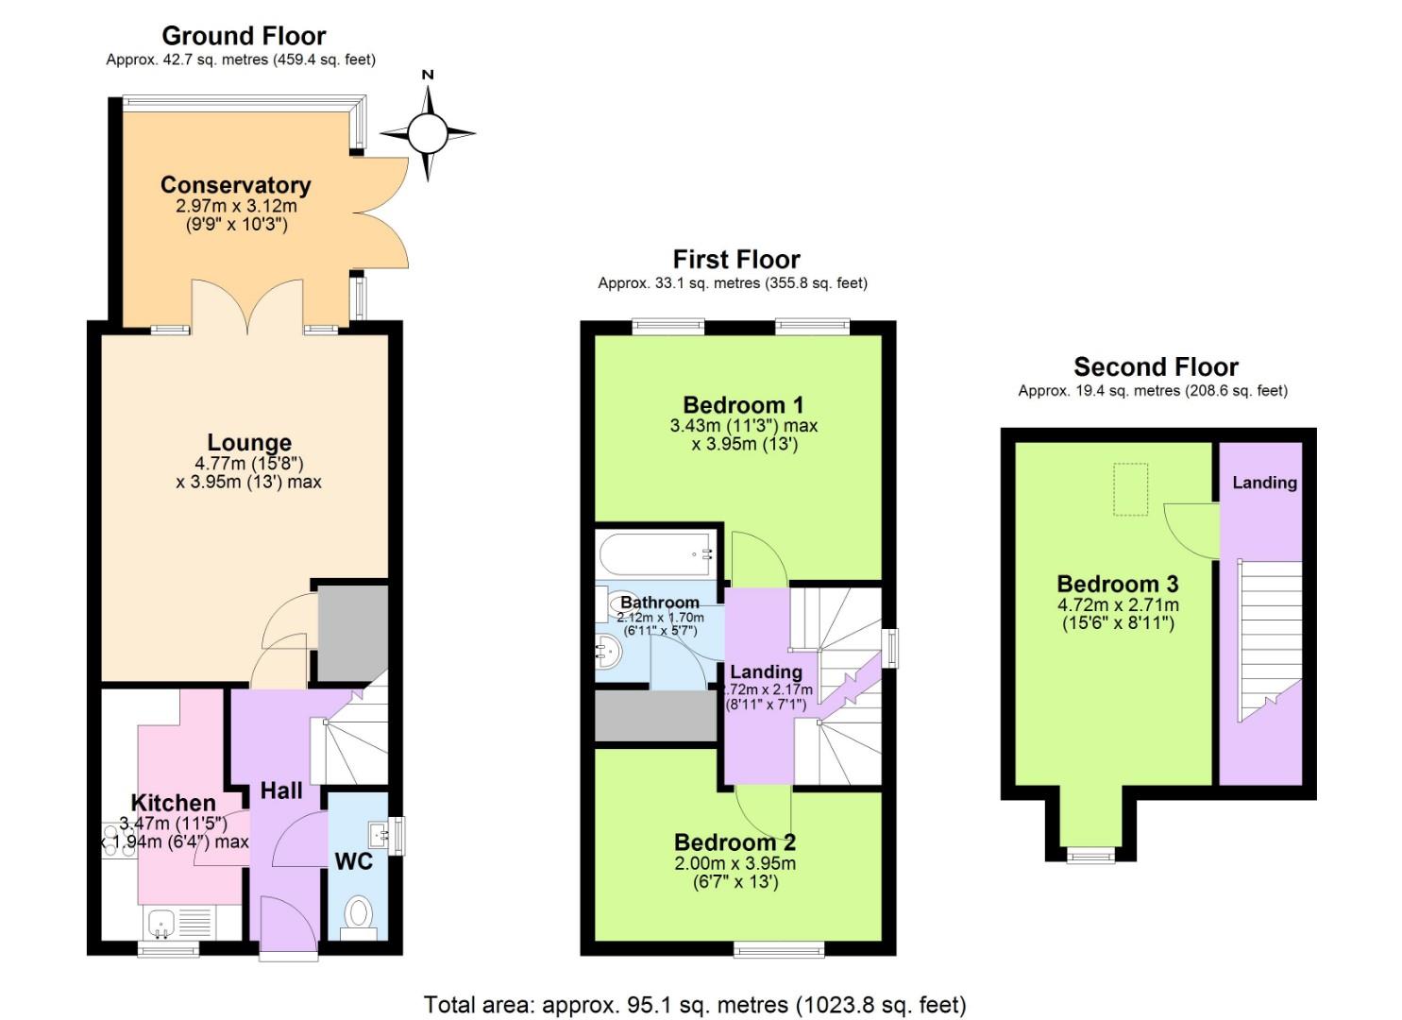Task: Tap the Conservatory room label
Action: tap(235, 184)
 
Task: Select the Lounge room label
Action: tap(249, 442)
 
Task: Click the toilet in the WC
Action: tap(358, 913)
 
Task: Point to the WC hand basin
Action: tap(380, 833)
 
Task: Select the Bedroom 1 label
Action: tap(743, 405)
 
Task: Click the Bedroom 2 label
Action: tap(735, 841)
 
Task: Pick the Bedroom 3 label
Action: tap(1117, 584)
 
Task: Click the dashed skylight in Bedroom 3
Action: tap(1130, 489)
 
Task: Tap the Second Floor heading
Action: tap(1156, 366)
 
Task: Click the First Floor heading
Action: tap(735, 259)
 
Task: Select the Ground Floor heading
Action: tap(244, 36)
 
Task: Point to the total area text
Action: tap(695, 1004)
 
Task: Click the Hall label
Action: tap(281, 790)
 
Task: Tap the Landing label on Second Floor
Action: tap(1264, 483)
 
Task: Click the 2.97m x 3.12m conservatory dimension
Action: tap(236, 206)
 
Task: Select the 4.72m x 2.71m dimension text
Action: tap(1117, 605)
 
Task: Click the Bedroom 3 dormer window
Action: tap(1090, 856)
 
